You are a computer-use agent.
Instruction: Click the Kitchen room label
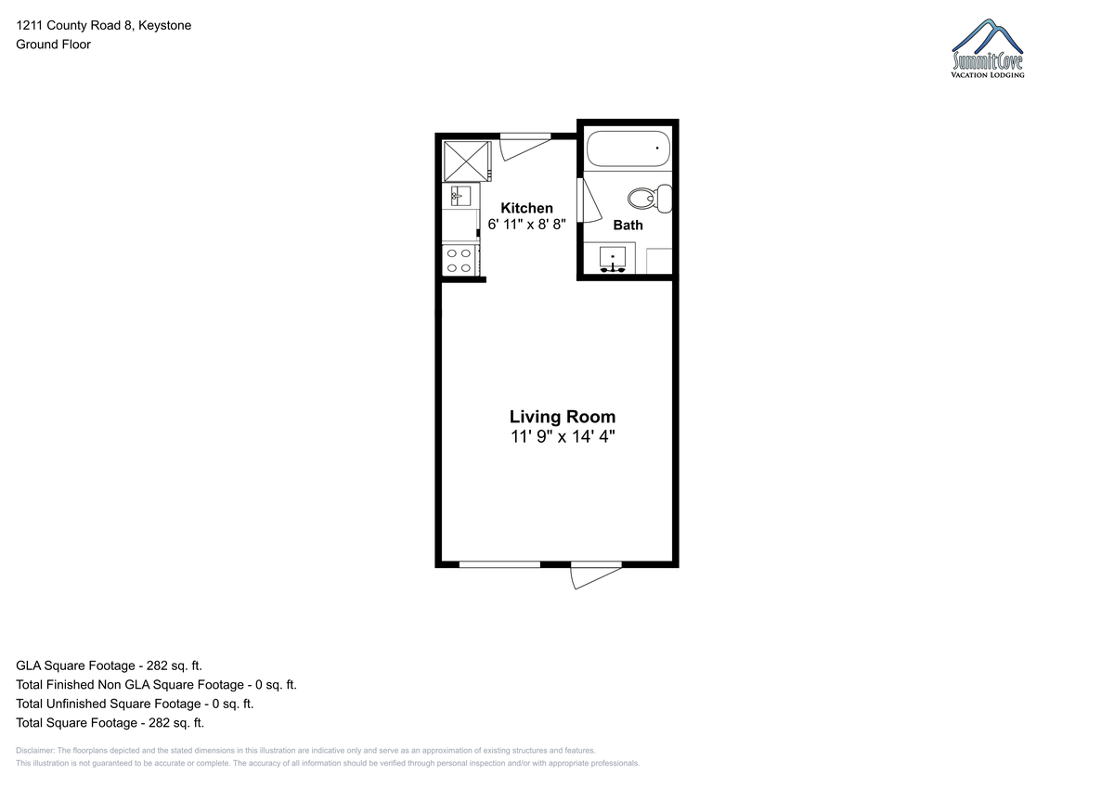(x=526, y=208)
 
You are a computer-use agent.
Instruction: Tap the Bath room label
(x=628, y=226)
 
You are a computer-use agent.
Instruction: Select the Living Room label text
(x=563, y=417)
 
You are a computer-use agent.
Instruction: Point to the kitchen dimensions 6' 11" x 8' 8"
(x=526, y=225)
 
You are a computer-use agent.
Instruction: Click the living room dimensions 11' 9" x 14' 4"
(x=563, y=436)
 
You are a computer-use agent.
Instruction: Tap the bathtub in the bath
(x=628, y=149)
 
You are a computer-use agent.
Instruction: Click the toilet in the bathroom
(x=650, y=199)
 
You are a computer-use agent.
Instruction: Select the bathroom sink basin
(x=613, y=259)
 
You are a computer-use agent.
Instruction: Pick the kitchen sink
(x=461, y=196)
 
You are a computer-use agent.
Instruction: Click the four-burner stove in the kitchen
(x=460, y=261)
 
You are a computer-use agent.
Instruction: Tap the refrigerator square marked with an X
(x=466, y=161)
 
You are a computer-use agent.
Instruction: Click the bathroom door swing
(x=592, y=200)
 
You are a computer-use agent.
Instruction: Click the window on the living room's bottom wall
(x=499, y=564)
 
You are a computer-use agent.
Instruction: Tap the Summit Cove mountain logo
(x=988, y=48)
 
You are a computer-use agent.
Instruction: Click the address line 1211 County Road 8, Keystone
(x=103, y=25)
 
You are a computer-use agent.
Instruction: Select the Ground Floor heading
(x=53, y=45)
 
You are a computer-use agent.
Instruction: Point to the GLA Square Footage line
(x=109, y=665)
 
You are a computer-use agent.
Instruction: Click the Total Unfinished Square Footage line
(x=135, y=704)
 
